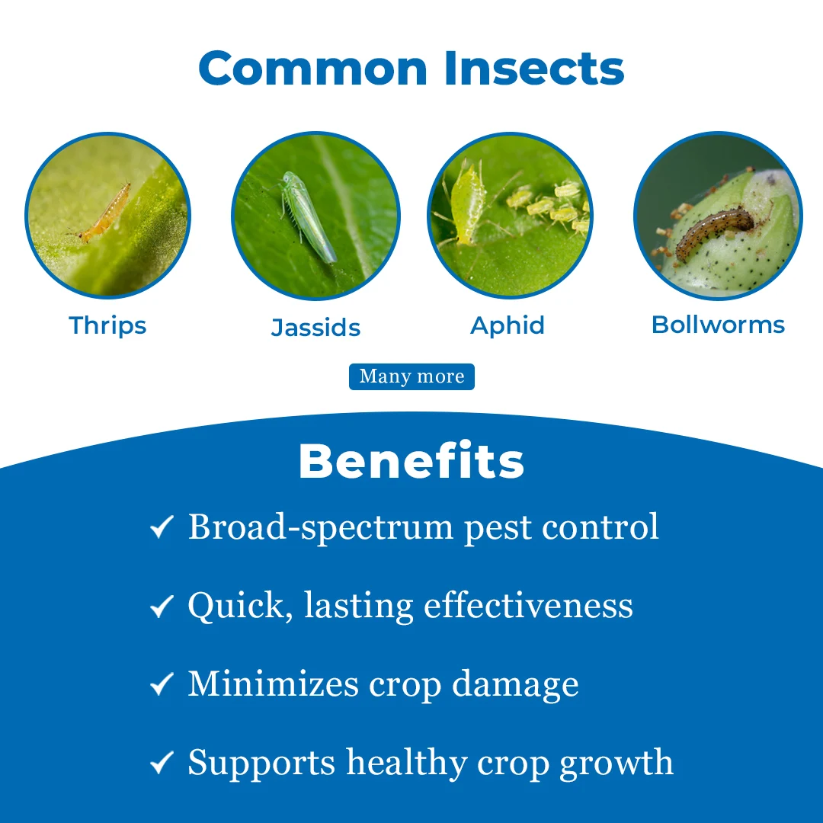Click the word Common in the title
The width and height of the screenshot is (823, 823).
[313, 68]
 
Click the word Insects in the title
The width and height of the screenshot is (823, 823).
[534, 68]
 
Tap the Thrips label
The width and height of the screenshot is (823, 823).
[107, 326]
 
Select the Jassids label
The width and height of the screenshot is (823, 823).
[316, 327]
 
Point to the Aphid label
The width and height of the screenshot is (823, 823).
[508, 326]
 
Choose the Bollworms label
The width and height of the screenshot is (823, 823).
[718, 325]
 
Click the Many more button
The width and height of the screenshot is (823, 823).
[412, 376]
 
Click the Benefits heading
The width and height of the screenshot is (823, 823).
[411, 460]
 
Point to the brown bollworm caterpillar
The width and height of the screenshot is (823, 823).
[714, 231]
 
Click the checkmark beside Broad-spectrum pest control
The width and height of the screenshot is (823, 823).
[162, 527]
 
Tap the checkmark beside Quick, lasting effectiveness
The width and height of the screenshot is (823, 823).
[162, 607]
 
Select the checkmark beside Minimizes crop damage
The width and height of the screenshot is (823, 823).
[162, 684]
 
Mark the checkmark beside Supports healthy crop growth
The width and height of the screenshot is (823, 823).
[162, 763]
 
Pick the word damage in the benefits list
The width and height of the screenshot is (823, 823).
[515, 686]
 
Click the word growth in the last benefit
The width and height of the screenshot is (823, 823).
[616, 764]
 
